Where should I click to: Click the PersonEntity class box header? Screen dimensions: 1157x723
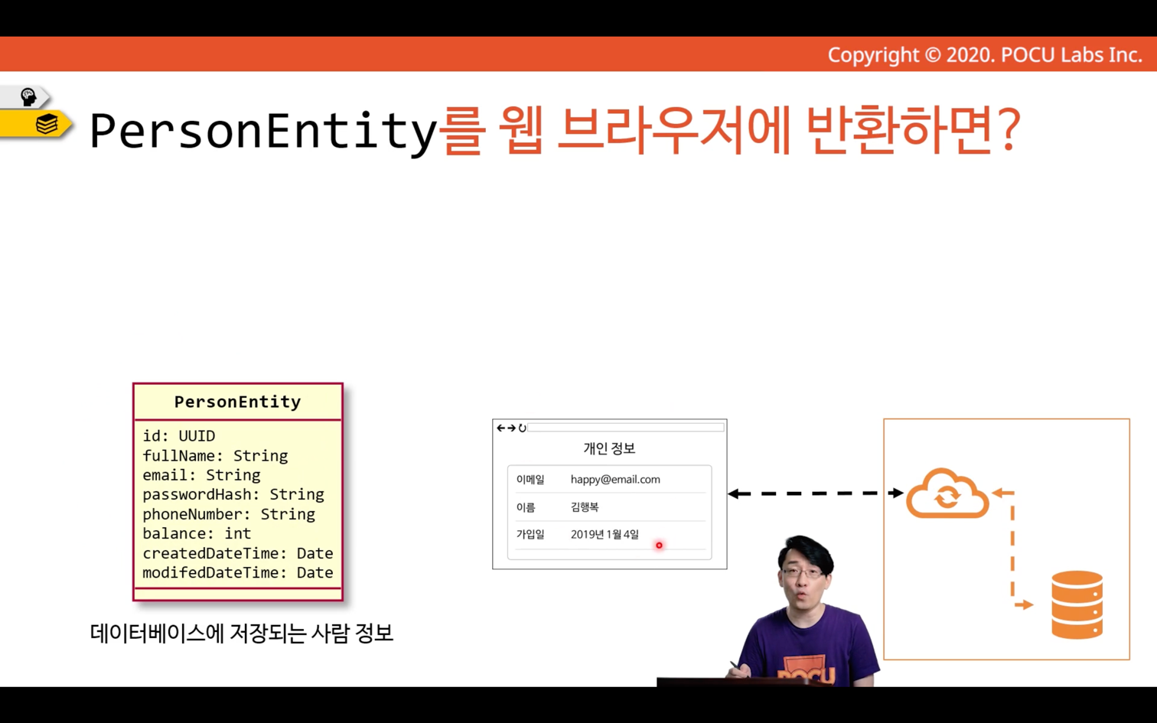[x=237, y=402]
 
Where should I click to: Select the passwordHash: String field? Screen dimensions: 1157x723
[x=233, y=495]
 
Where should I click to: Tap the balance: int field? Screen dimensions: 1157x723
[x=197, y=533]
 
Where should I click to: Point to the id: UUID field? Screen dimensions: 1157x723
[x=179, y=436]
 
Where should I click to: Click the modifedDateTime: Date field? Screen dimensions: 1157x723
[x=237, y=573]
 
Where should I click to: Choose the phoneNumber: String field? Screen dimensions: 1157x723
[x=229, y=514]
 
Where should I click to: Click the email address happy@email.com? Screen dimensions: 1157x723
[x=615, y=479]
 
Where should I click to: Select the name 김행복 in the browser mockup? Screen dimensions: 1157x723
[x=585, y=507]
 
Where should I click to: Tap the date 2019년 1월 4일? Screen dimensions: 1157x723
[x=605, y=534]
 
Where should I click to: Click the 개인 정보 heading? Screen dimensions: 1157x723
[x=609, y=448]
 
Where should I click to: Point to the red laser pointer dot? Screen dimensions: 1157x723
[x=659, y=546]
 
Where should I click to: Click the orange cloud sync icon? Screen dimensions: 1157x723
[x=947, y=493]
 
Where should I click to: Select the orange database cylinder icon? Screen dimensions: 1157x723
[x=1077, y=604]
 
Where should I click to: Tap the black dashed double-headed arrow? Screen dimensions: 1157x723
[x=816, y=493]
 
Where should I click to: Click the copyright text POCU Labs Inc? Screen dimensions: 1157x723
[x=1071, y=55]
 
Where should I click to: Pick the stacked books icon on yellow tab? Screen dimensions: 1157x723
[x=47, y=124]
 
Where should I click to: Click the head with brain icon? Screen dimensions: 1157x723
[x=28, y=97]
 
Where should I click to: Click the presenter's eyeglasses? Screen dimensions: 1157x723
[x=803, y=573]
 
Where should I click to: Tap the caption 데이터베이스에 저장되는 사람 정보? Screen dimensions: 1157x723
[x=242, y=633]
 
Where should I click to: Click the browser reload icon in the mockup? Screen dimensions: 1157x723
[x=522, y=428]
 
